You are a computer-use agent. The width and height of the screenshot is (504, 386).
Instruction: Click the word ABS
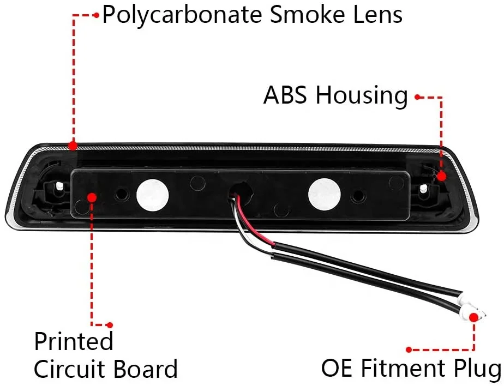(x=287, y=96)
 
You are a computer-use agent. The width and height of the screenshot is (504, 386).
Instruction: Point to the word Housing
(x=363, y=96)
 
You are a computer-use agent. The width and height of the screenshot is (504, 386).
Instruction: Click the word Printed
(x=74, y=341)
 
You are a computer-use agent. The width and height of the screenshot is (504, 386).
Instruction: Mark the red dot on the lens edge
(x=72, y=146)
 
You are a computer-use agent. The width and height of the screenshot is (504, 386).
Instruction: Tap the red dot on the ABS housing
(x=441, y=176)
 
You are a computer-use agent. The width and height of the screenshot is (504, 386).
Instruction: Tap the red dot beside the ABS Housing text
(x=417, y=98)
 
